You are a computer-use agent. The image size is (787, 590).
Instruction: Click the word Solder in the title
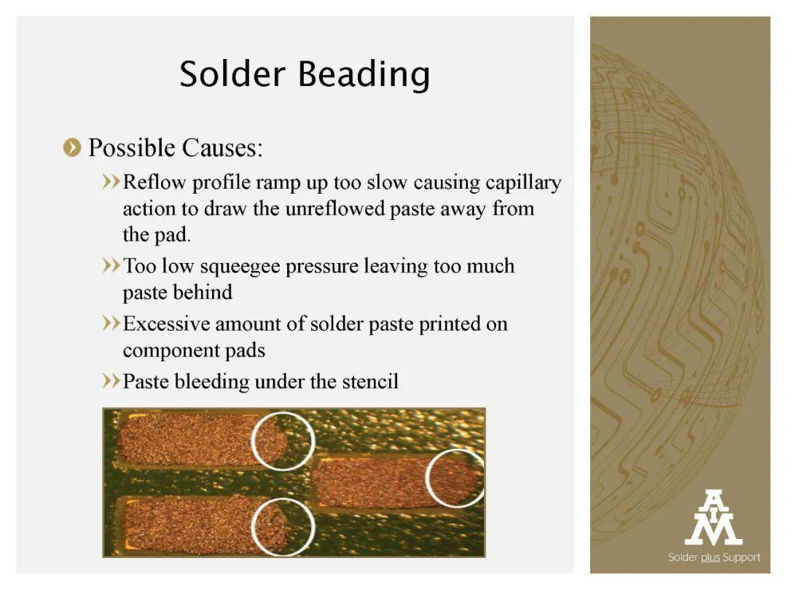pos(232,74)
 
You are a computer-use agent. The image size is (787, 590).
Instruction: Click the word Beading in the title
pos(364,75)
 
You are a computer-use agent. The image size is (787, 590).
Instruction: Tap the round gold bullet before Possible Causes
pos(72,148)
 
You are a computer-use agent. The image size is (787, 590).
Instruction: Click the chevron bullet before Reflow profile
pos(111,181)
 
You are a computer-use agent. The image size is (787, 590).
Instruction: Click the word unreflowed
pos(334,209)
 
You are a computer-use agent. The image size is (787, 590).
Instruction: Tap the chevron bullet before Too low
pos(111,265)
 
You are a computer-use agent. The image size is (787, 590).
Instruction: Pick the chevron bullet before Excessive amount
pos(111,323)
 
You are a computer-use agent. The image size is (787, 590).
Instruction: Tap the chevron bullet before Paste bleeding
pos(111,380)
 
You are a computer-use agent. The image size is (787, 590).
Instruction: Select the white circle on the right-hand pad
pos(426,478)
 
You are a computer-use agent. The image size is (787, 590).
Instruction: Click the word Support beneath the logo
pos(741,558)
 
